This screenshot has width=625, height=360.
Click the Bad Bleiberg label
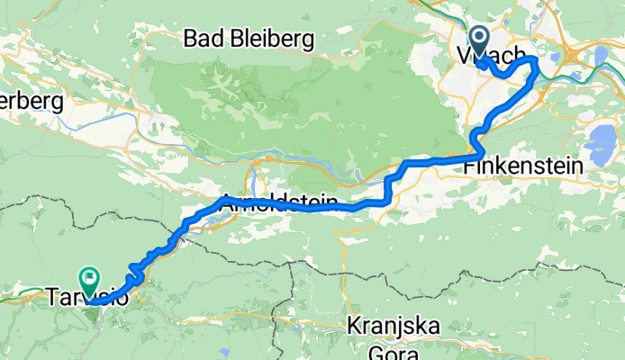[248, 39]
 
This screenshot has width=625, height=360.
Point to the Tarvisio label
[86, 296]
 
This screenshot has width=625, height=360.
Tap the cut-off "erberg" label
[32, 101]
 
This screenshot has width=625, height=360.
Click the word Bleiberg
[268, 39]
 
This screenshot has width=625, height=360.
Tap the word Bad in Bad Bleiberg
[201, 39]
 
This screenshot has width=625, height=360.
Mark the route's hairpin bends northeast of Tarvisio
[137, 268]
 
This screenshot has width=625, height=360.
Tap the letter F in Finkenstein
[469, 166]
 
